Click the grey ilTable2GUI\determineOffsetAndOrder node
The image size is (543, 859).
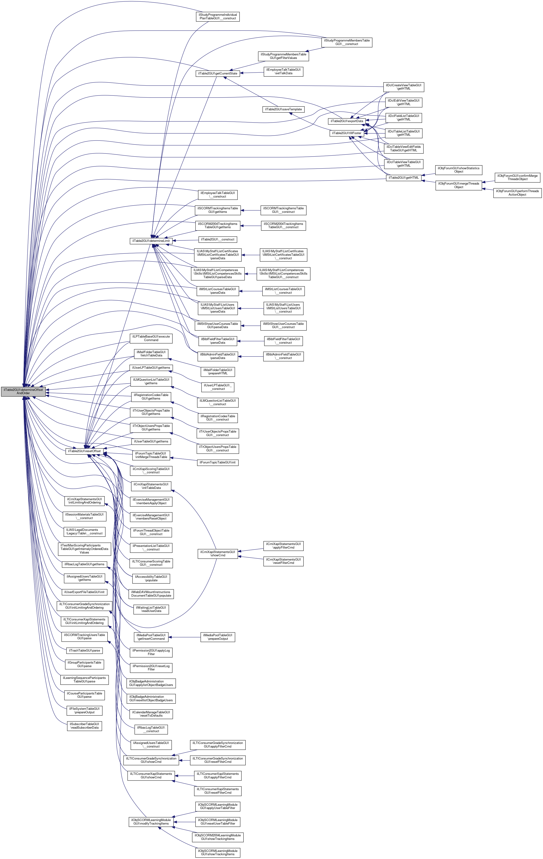pyautogui.click(x=23, y=391)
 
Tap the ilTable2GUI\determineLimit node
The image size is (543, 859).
pyautogui.click(x=151, y=241)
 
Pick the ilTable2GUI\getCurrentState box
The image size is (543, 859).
pyautogui.click(x=218, y=74)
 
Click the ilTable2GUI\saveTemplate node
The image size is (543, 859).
pyautogui.click(x=283, y=109)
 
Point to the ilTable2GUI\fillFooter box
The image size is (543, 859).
pyautogui.click(x=346, y=133)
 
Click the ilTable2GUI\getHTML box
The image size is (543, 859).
pyautogui.click(x=403, y=178)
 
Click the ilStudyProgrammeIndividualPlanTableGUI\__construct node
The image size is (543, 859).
pyautogui.click(x=217, y=17)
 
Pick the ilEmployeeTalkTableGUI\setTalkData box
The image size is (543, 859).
pyautogui.click(x=283, y=71)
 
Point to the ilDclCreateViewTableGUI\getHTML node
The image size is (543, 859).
pyautogui.click(x=403, y=87)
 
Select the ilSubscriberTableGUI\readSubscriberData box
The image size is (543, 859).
pyautogui.click(x=85, y=726)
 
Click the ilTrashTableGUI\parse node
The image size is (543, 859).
pyautogui.click(x=85, y=650)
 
